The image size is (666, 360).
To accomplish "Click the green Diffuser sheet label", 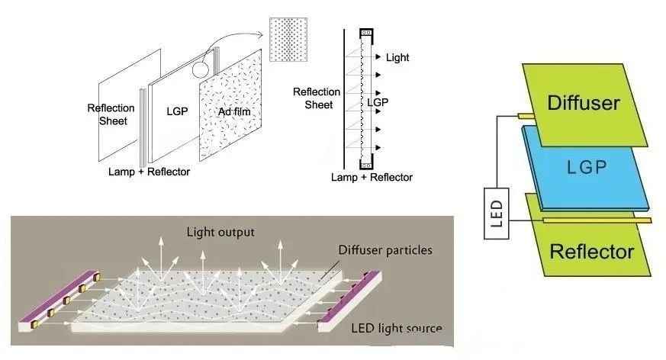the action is [x=583, y=103].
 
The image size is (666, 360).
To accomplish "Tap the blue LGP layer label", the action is [x=587, y=167].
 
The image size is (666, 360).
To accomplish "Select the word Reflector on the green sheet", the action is [x=592, y=252].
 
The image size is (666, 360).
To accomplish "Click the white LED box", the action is [x=496, y=213].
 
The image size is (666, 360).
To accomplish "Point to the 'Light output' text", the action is [x=220, y=232].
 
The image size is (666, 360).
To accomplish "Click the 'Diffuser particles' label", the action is [x=385, y=249].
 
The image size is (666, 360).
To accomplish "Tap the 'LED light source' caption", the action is [x=396, y=328].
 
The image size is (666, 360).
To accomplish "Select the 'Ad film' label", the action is [x=234, y=111].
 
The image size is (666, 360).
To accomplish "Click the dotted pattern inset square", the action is [x=288, y=40].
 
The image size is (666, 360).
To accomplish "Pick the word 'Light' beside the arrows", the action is [x=397, y=57].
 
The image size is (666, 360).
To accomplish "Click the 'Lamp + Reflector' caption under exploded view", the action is [x=149, y=172].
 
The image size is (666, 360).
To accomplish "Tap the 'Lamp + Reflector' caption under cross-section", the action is [x=372, y=177].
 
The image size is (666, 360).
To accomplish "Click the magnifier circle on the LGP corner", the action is [x=200, y=69].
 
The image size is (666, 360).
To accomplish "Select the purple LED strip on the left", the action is [x=59, y=301].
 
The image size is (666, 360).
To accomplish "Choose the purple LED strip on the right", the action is [x=349, y=301].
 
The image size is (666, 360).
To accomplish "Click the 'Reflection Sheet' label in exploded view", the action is [x=111, y=114].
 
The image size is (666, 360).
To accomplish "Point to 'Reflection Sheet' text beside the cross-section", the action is [x=317, y=98].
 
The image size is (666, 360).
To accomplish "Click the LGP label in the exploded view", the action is [x=177, y=111].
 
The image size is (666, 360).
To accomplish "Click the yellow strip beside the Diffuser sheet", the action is [x=526, y=116].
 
